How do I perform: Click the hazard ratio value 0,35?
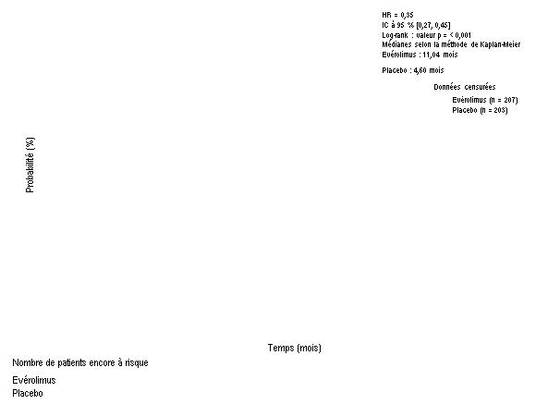click(407, 15)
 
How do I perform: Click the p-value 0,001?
click(463, 35)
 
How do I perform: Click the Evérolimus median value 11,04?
click(431, 55)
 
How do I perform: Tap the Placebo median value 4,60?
click(420, 70)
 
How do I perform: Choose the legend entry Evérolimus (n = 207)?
click(485, 100)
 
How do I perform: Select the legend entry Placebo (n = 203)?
click(480, 110)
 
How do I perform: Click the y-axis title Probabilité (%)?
click(30, 165)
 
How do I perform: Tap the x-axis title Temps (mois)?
click(295, 348)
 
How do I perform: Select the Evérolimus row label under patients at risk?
click(34, 380)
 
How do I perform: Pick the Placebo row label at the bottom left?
click(28, 394)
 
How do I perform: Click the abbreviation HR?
click(386, 15)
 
